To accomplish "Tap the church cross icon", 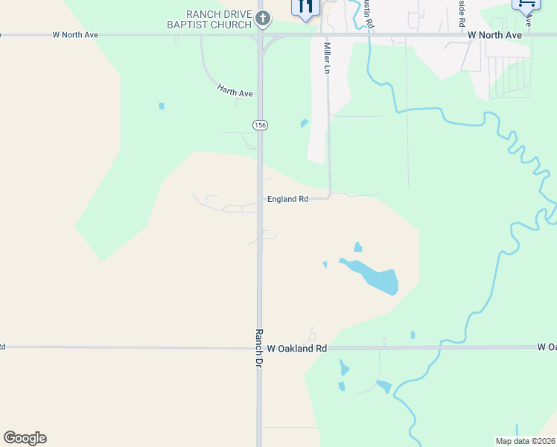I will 262,17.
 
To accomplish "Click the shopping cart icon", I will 526,4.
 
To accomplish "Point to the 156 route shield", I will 259,124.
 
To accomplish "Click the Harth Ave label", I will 235,92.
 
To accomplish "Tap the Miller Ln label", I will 326,57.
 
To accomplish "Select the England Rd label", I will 287,199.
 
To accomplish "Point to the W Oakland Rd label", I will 297,348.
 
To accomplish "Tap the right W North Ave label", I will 494,34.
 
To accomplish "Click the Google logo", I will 25,438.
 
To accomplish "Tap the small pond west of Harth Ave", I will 162,106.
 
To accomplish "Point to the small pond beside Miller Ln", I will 304,123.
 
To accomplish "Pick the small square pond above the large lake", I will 358,247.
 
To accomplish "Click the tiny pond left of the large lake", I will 325,264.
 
